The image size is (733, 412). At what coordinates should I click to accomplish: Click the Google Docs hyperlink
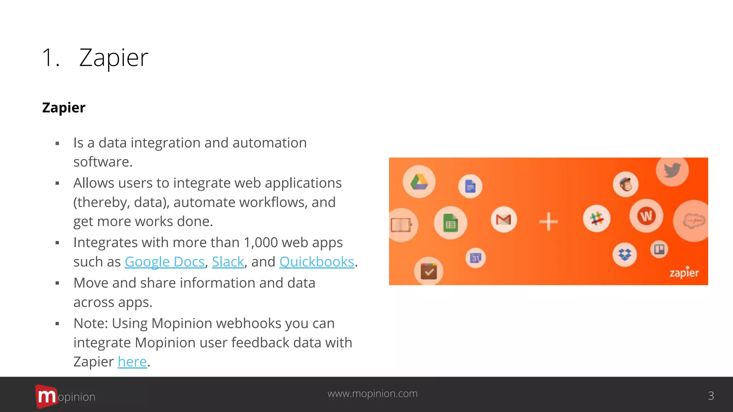[164, 262]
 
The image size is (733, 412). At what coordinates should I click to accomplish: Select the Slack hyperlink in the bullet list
[228, 262]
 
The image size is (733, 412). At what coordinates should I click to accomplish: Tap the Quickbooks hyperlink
[316, 262]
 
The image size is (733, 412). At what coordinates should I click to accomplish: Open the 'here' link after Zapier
[132, 362]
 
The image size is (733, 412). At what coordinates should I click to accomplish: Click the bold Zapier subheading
[64, 108]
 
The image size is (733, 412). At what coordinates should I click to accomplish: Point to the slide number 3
[711, 396]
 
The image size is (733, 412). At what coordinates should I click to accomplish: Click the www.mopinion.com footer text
[372, 393]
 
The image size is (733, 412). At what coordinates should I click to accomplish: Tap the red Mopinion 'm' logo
[46, 396]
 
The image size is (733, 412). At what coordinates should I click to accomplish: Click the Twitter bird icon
[672, 170]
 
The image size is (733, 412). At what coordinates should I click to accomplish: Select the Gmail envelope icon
[504, 220]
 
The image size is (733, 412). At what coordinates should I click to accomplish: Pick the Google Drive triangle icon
[419, 182]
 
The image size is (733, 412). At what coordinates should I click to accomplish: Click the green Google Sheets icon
[450, 223]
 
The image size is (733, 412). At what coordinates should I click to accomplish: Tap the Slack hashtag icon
[596, 219]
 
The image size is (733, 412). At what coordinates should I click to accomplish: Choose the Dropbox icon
[625, 255]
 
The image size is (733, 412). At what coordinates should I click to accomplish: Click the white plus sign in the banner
[548, 221]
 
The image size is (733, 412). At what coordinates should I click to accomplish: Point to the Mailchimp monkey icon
[625, 185]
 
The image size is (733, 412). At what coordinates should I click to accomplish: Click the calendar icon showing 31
[476, 257]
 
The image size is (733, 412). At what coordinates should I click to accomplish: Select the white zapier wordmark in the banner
[684, 273]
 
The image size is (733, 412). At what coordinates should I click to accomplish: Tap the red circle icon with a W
[646, 216]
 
